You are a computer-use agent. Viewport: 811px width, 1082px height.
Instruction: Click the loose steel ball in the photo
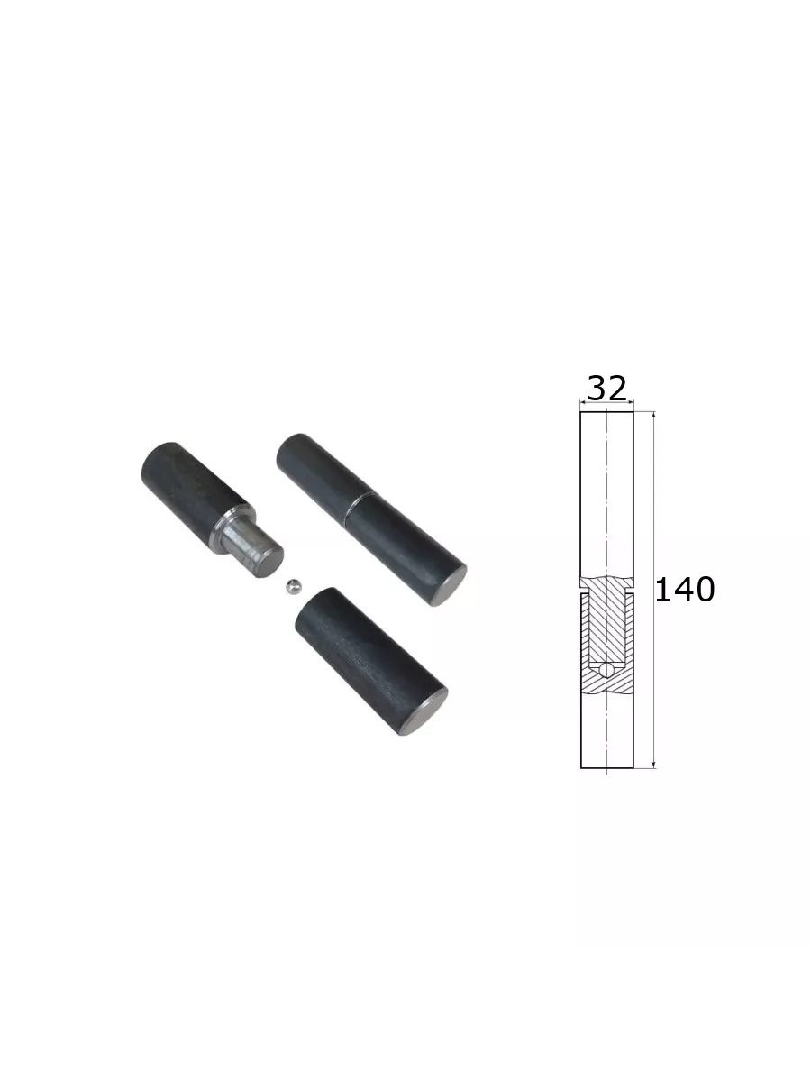(294, 587)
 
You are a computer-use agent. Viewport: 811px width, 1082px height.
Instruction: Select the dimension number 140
(685, 589)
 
